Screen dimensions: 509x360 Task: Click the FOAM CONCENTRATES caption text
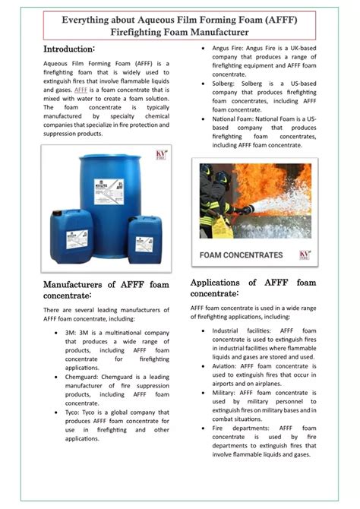click(x=241, y=255)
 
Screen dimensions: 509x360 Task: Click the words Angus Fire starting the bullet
click(x=230, y=49)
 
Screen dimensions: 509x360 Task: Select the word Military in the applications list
click(x=226, y=393)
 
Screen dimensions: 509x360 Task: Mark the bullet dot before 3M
click(x=58, y=333)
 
